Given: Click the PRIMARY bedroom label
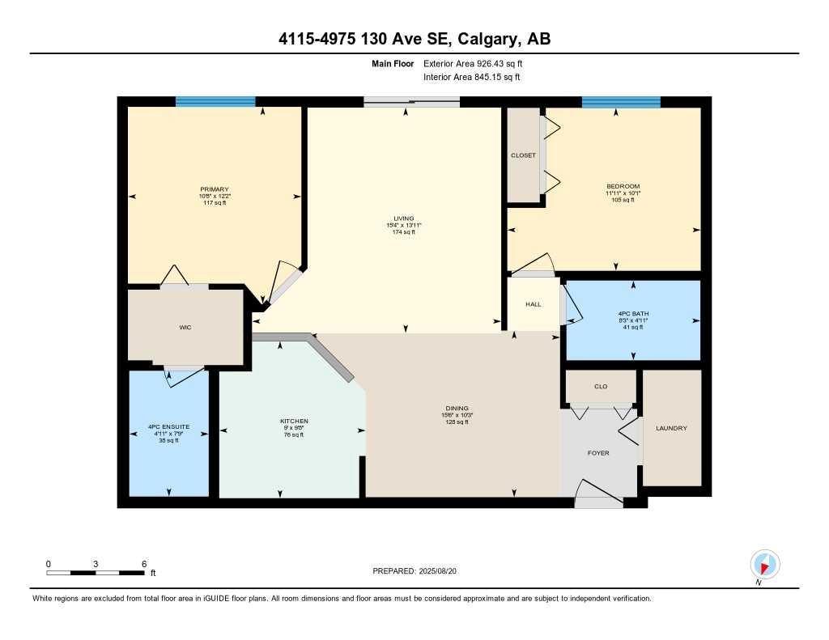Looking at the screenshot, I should [215, 189].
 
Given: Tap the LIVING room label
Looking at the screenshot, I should [403, 218].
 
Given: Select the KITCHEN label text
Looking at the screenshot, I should [294, 421].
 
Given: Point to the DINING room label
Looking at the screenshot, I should [457, 409].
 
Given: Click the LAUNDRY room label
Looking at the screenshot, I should [671, 428].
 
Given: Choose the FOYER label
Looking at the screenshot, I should [598, 452].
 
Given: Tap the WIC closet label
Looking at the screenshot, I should [185, 327].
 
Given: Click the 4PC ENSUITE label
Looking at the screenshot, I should [168, 427].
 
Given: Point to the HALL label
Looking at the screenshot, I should [533, 304].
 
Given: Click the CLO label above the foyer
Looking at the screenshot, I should [600, 387].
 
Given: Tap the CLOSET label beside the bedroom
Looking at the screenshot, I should [522, 155].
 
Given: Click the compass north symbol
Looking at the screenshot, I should [764, 564].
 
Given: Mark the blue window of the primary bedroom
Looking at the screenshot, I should [215, 102].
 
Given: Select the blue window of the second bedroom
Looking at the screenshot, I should [621, 102].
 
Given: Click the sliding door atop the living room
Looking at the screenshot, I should [411, 102].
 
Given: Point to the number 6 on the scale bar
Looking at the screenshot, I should [144, 563].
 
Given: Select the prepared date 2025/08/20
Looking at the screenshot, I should [443, 570].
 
